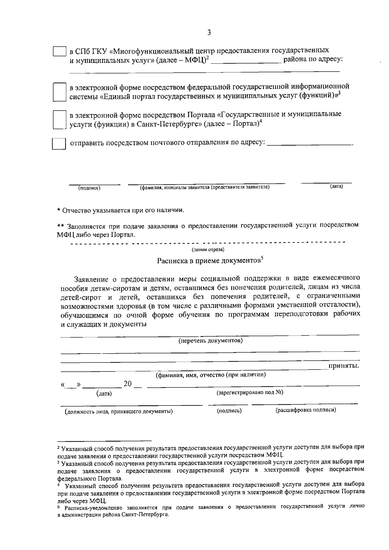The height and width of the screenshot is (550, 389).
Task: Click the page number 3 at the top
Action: tap(209, 32)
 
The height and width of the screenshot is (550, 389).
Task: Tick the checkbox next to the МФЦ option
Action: tap(60, 52)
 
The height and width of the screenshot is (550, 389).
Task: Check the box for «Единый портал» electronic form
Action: tap(59, 92)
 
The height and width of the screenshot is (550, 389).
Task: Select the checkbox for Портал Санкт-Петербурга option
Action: tap(59, 120)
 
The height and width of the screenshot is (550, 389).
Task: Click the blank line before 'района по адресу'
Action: tap(246, 62)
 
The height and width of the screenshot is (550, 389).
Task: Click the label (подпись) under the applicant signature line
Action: tap(89, 188)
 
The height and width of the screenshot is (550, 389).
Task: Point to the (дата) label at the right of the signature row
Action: tap(336, 186)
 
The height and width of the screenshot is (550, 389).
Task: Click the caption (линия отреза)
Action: tap(208, 250)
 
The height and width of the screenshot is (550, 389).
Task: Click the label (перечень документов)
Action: tap(211, 341)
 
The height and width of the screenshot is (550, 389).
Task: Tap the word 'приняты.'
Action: tap(344, 366)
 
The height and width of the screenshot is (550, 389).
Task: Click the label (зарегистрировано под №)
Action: tap(250, 392)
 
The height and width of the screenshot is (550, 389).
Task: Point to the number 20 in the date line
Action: tap(128, 384)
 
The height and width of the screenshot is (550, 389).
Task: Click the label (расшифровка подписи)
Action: tap(306, 410)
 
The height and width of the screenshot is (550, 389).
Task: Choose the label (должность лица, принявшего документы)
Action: tap(118, 412)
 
